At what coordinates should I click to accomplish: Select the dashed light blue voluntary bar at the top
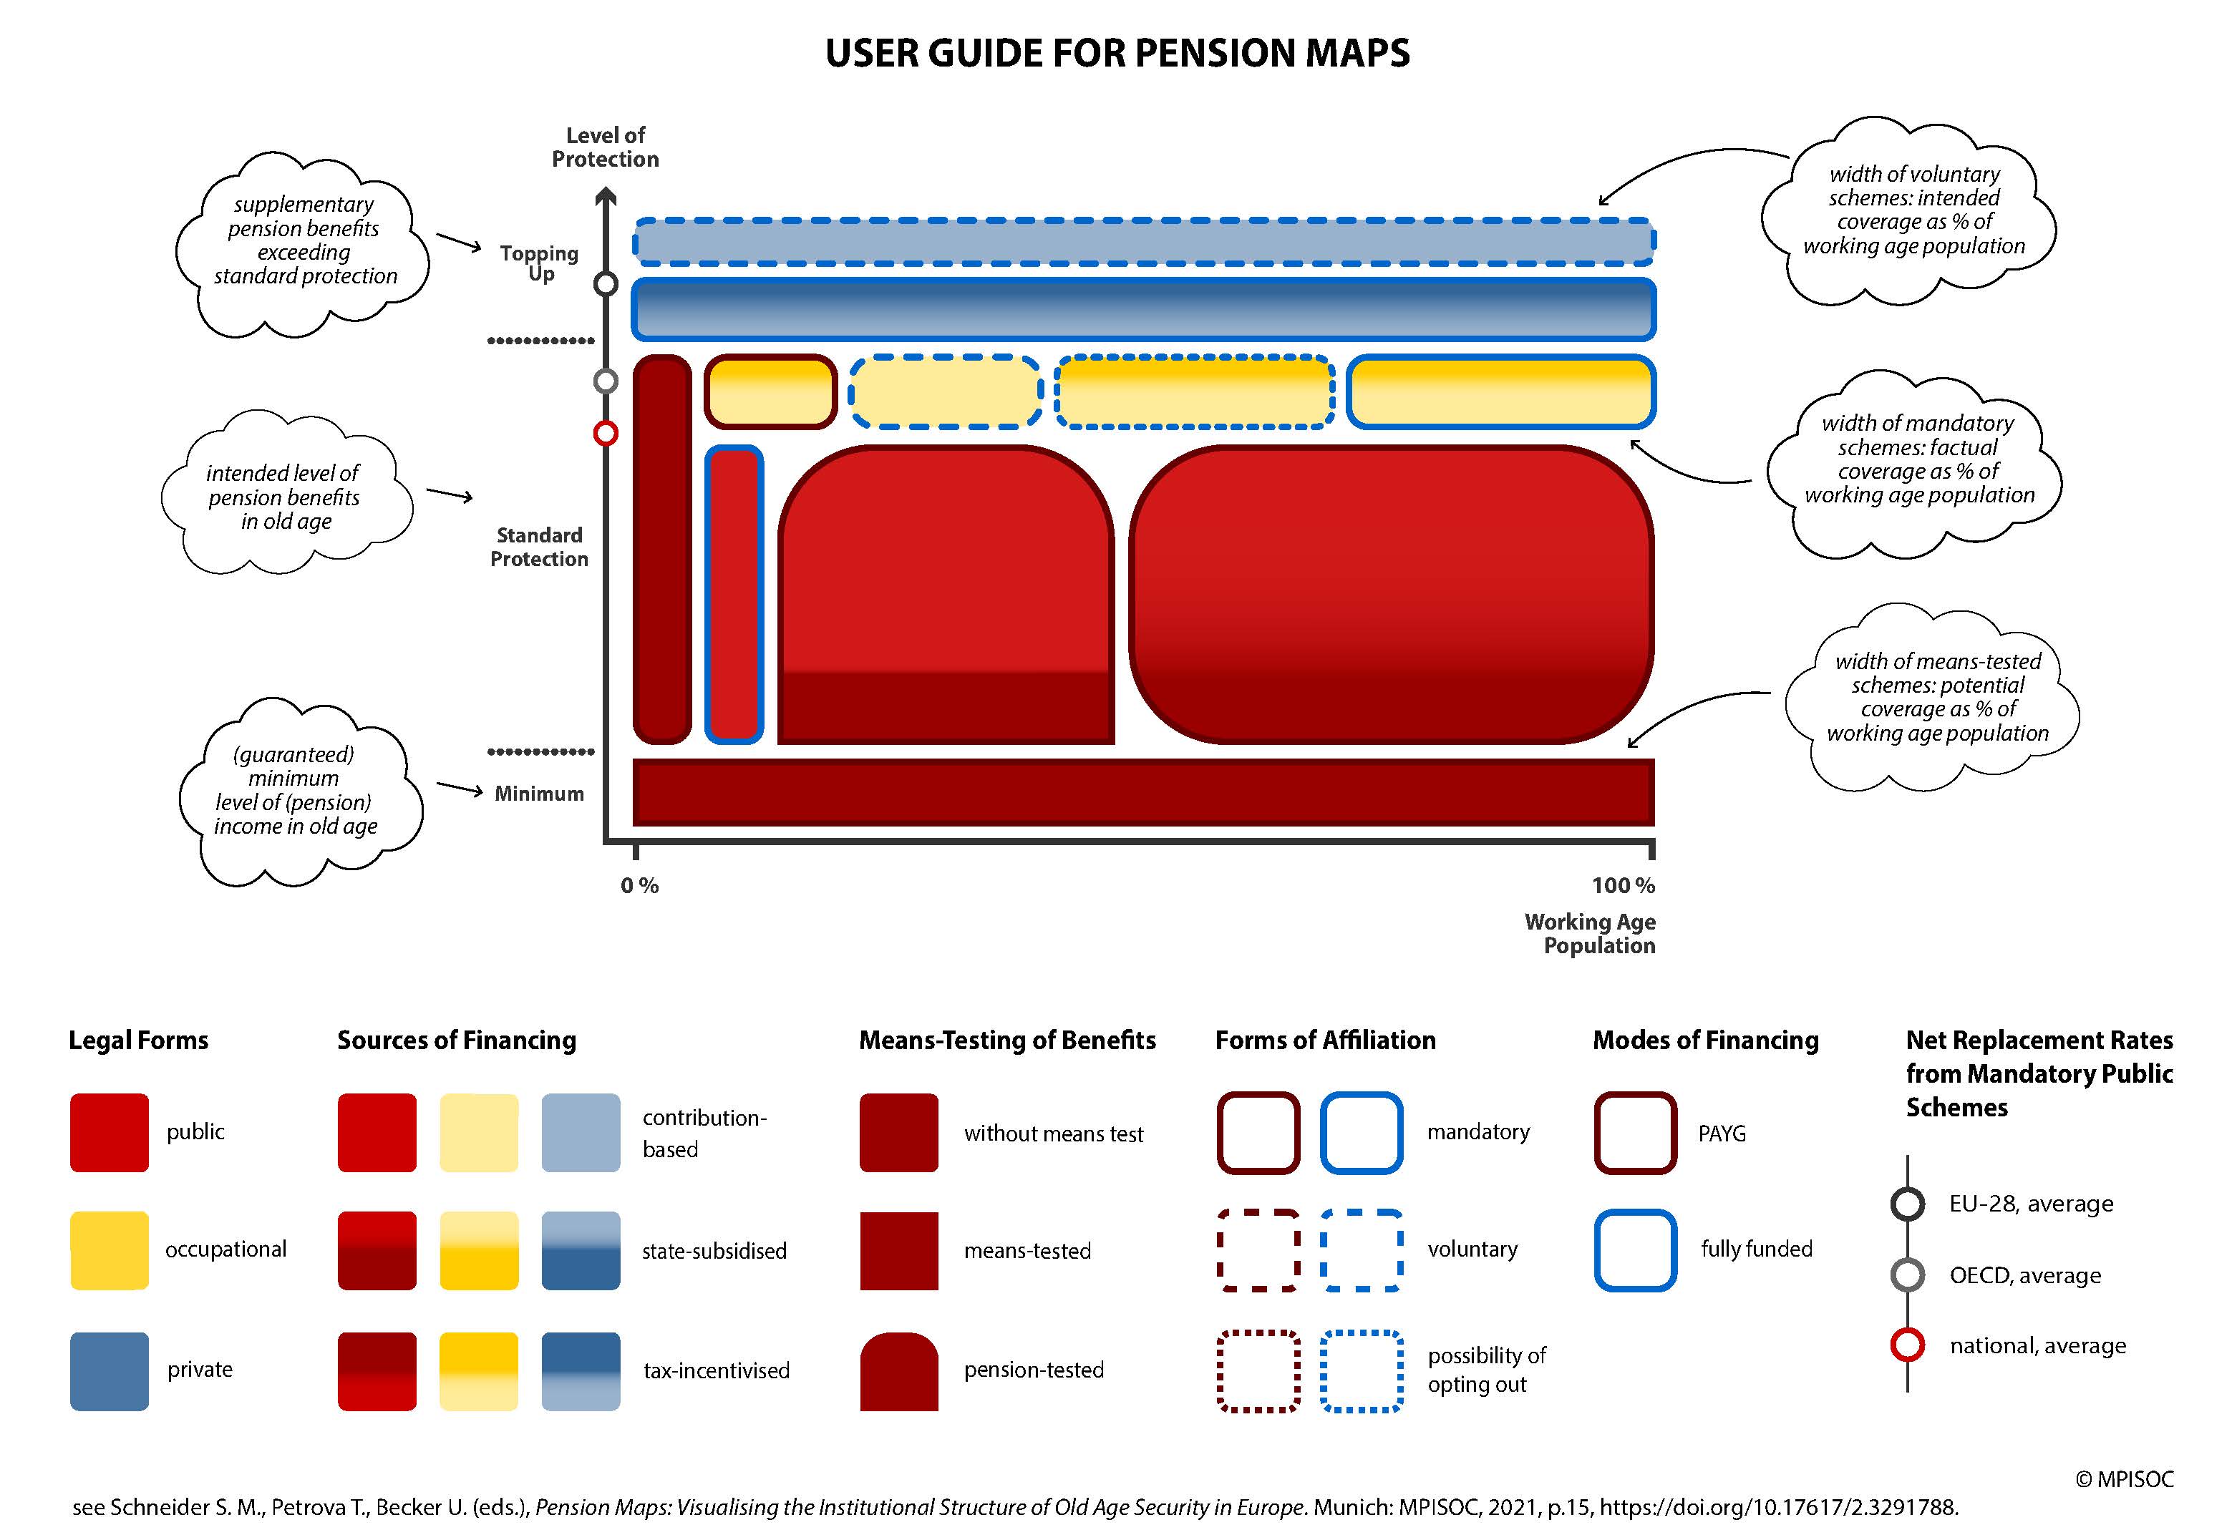coord(1144,242)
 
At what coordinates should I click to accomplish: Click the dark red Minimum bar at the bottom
coord(1144,792)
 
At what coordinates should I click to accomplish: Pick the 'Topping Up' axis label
coord(540,263)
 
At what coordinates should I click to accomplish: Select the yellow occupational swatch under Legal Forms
coord(109,1250)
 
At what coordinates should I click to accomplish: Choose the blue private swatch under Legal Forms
coord(109,1371)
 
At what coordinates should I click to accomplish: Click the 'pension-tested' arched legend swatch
coord(898,1371)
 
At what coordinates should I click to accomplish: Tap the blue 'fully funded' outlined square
coord(1635,1250)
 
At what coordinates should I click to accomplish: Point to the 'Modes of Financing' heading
coord(1705,1041)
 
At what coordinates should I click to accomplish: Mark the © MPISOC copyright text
coord(2124,1479)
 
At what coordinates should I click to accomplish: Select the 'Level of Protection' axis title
coord(605,147)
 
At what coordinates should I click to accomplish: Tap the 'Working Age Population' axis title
coord(1591,933)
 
